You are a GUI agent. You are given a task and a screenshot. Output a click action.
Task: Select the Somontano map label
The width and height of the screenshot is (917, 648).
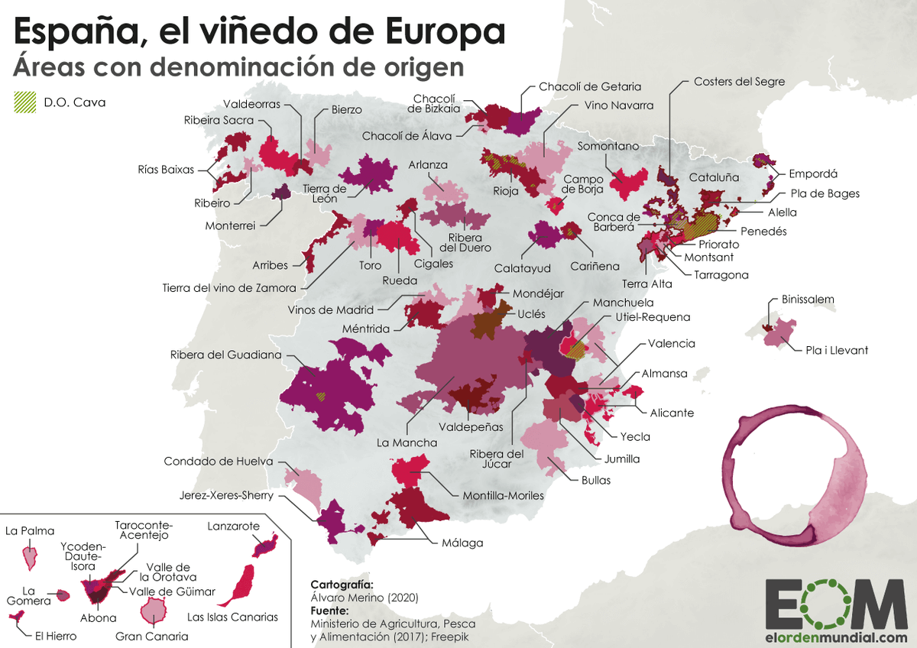coord(608,145)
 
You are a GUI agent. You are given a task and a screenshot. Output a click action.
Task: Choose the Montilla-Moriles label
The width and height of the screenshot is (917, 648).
coord(503,495)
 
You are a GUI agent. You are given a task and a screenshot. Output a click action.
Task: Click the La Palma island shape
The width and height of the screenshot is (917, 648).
coord(31,556)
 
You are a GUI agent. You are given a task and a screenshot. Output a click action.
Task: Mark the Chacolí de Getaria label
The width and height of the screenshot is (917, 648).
coord(590,86)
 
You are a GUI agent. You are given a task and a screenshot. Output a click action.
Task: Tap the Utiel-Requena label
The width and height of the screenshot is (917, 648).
coord(653,316)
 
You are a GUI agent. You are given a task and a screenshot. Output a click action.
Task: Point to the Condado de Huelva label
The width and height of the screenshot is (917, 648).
coord(215,462)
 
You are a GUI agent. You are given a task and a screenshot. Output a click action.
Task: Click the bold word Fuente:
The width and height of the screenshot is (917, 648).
coord(330,611)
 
